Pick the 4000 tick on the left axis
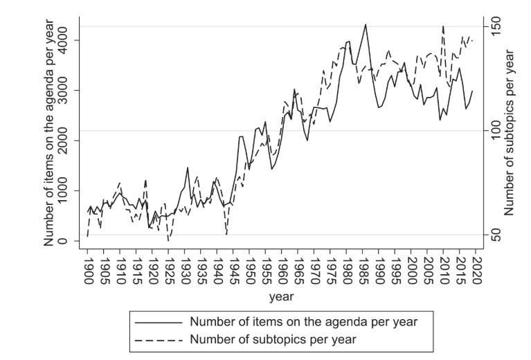(64, 40)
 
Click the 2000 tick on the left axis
(64, 141)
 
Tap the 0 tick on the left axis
(64, 241)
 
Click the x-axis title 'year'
(282, 296)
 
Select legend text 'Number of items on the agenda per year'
(303, 322)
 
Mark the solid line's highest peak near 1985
(366, 25)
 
